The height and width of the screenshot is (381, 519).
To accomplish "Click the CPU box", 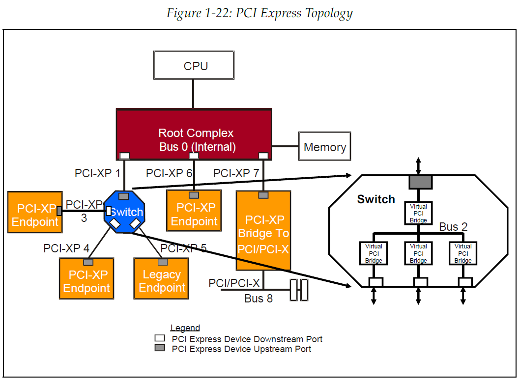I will pos(196,66).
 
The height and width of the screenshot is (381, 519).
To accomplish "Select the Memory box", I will pos(324,146).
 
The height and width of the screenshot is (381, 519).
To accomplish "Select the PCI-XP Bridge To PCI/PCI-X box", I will pos(263,231).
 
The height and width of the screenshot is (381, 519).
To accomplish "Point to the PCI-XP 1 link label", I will pos(97,173).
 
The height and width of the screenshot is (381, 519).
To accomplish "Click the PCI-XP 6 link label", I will pos(169,173).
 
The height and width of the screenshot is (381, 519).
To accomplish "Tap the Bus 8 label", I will pos(258,299).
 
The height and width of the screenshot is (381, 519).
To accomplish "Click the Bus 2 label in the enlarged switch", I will pos(453,227).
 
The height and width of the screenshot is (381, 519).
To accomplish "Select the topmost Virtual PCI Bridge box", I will pos(418,214).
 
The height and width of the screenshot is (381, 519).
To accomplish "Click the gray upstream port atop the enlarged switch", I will pos(420,182).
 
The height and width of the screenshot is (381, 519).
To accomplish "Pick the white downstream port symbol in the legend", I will pos(160,338).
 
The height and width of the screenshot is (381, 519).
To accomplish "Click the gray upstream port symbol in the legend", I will pos(160,348).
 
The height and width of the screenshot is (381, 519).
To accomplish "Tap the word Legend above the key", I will pos(185,328).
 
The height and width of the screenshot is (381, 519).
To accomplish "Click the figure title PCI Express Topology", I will pos(259,13).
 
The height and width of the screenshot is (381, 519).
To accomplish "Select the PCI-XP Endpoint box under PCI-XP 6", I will pos(194,214).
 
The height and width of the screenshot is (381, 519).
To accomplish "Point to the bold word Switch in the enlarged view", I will pos(376,199).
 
